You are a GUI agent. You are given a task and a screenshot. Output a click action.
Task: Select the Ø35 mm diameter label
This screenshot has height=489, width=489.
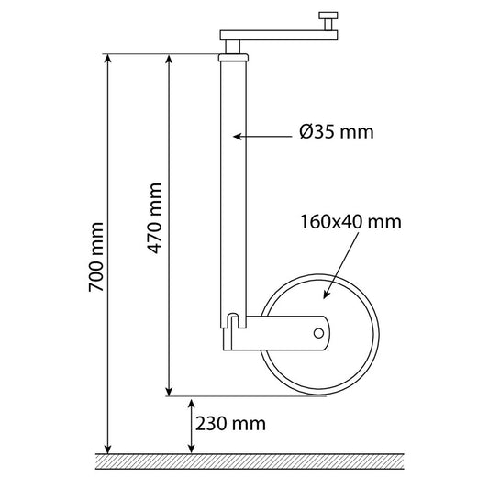(x=336, y=131)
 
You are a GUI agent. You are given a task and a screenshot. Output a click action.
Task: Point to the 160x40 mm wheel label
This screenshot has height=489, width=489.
(x=350, y=221)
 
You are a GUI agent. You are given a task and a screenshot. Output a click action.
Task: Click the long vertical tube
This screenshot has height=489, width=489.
(x=233, y=183)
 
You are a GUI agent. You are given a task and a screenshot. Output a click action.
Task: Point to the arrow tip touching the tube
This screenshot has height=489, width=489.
(x=238, y=136)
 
